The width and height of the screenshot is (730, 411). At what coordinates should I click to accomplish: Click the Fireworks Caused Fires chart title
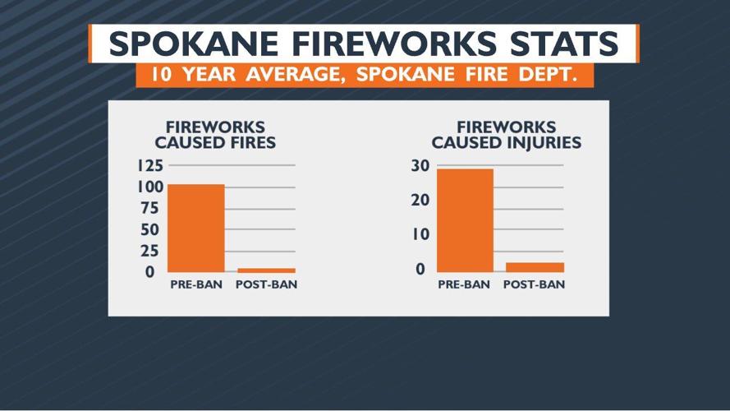tap(215, 135)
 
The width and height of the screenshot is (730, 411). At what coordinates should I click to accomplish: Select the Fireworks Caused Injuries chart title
tap(507, 135)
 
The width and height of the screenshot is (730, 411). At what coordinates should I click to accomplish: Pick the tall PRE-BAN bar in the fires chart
tap(195, 228)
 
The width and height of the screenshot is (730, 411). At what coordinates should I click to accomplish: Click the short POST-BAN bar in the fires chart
tap(266, 270)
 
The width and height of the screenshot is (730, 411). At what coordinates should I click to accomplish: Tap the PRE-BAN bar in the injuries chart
tap(465, 219)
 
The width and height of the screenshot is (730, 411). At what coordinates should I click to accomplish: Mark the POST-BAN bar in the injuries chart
tap(535, 267)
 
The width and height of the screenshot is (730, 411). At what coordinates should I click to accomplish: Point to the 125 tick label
tap(149, 165)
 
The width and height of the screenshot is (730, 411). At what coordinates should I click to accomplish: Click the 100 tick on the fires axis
tap(150, 187)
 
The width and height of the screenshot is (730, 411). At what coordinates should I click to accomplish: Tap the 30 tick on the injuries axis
tap(420, 165)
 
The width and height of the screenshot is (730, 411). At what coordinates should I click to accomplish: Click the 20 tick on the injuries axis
tap(420, 200)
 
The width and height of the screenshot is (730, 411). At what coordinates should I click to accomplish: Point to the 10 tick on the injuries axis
tap(420, 234)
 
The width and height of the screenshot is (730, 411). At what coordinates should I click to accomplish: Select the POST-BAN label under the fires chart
tap(266, 285)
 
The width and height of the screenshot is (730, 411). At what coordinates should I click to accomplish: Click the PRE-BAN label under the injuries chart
tap(464, 285)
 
